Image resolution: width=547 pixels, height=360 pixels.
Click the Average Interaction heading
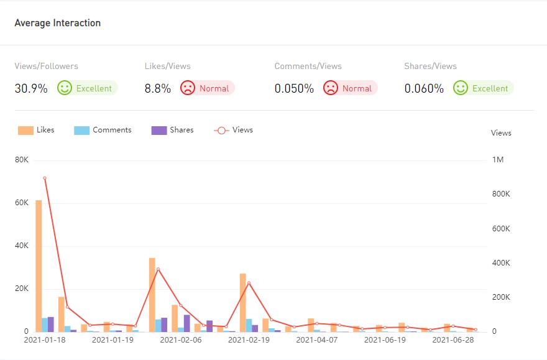pos(57,23)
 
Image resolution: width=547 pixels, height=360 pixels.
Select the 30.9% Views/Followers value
pos(31,88)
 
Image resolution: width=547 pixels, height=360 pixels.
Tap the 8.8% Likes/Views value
pos(158,88)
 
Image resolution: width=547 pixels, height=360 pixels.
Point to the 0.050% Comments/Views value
pos(294,88)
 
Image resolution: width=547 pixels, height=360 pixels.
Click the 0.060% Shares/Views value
pos(424,88)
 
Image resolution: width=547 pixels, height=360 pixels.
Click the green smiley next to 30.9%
pos(65,88)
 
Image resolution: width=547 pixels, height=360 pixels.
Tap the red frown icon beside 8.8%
pos(188,88)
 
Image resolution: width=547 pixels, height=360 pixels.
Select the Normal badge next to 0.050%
pos(351,88)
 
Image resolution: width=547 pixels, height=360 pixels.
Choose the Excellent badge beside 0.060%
pos(483,88)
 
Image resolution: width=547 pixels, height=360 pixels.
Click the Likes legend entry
pos(36,130)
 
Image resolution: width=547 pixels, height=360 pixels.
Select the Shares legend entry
pos(172,130)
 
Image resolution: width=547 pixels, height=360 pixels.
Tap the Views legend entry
pos(233,130)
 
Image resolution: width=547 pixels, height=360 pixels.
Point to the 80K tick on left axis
pos(22,160)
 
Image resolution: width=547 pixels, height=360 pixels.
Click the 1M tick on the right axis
pos(498,160)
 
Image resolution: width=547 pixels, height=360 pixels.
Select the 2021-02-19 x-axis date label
pos(249,340)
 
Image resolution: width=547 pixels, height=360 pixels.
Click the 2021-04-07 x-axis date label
pos(316,340)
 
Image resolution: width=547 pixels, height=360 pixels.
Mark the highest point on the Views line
pos(45,178)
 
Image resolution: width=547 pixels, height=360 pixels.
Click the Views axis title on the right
pos(501,133)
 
